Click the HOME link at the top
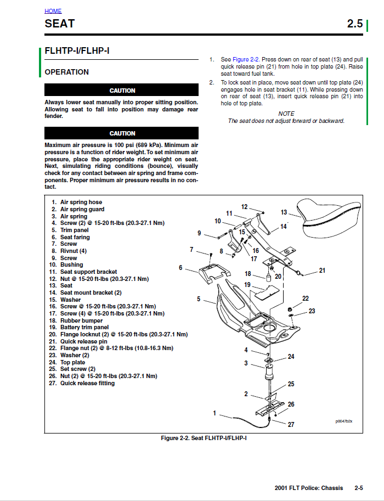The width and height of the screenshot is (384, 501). (53, 11)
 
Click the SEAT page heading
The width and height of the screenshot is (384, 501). (60, 24)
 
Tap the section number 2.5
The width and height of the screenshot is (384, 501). (354, 24)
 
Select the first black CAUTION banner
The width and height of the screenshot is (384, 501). (122, 91)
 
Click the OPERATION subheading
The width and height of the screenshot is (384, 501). (66, 72)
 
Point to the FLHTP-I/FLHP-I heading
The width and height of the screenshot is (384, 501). (77, 51)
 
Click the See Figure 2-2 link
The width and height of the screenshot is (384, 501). (240, 59)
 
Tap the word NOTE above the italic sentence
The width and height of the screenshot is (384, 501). (286, 114)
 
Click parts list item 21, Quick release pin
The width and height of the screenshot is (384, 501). (83, 341)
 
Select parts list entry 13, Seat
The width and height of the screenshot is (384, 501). (66, 285)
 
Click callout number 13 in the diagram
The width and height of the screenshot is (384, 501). (284, 212)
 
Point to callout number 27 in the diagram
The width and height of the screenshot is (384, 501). (291, 424)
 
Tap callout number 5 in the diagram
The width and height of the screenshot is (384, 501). (199, 299)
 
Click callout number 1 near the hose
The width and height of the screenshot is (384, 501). (214, 413)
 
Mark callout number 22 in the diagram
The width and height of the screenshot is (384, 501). (306, 298)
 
